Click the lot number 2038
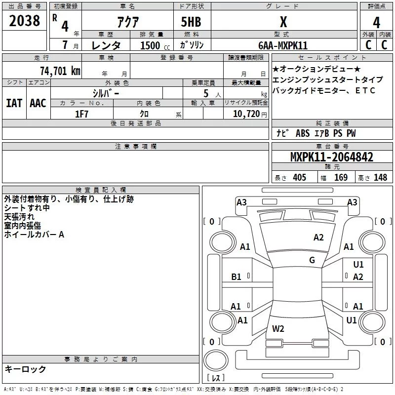(24, 21)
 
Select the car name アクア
(128, 22)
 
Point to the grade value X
(283, 22)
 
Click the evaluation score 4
(376, 22)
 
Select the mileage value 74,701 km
(60, 71)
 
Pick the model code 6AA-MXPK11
(283, 45)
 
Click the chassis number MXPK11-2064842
(331, 157)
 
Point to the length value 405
(299, 178)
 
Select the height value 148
(380, 178)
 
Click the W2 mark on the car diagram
(278, 328)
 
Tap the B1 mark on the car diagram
(237, 277)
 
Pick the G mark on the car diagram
(312, 260)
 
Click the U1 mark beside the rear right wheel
(352, 320)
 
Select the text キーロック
(25, 369)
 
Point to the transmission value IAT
(14, 103)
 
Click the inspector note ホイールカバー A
(34, 235)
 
